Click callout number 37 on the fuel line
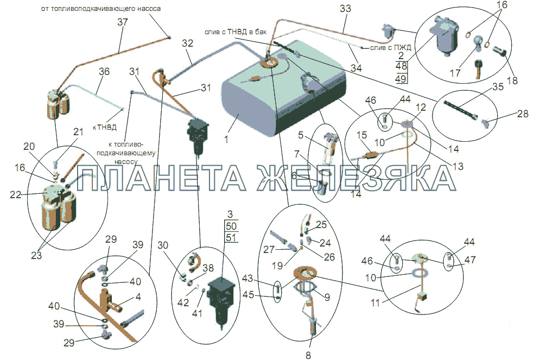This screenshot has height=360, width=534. (123, 22)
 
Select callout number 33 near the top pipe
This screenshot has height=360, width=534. (345, 9)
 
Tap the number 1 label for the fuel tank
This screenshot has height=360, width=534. (226, 139)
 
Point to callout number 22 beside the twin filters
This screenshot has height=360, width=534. (16, 194)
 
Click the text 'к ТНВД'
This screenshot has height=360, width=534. (105, 128)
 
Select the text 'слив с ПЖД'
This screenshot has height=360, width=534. (391, 47)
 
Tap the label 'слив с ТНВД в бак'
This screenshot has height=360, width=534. (236, 31)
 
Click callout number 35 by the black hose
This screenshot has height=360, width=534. (498, 86)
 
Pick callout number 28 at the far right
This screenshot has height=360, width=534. (523, 113)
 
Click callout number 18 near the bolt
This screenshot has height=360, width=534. (512, 80)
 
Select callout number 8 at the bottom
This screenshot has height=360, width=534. (308, 355)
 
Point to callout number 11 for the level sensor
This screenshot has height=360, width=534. (376, 302)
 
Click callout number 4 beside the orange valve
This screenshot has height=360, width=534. (138, 296)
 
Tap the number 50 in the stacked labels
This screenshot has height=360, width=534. (231, 226)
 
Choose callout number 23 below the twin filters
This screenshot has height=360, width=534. (36, 255)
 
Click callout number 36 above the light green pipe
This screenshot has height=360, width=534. (104, 71)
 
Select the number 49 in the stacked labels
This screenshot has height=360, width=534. (401, 78)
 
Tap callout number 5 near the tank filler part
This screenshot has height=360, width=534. (301, 135)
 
